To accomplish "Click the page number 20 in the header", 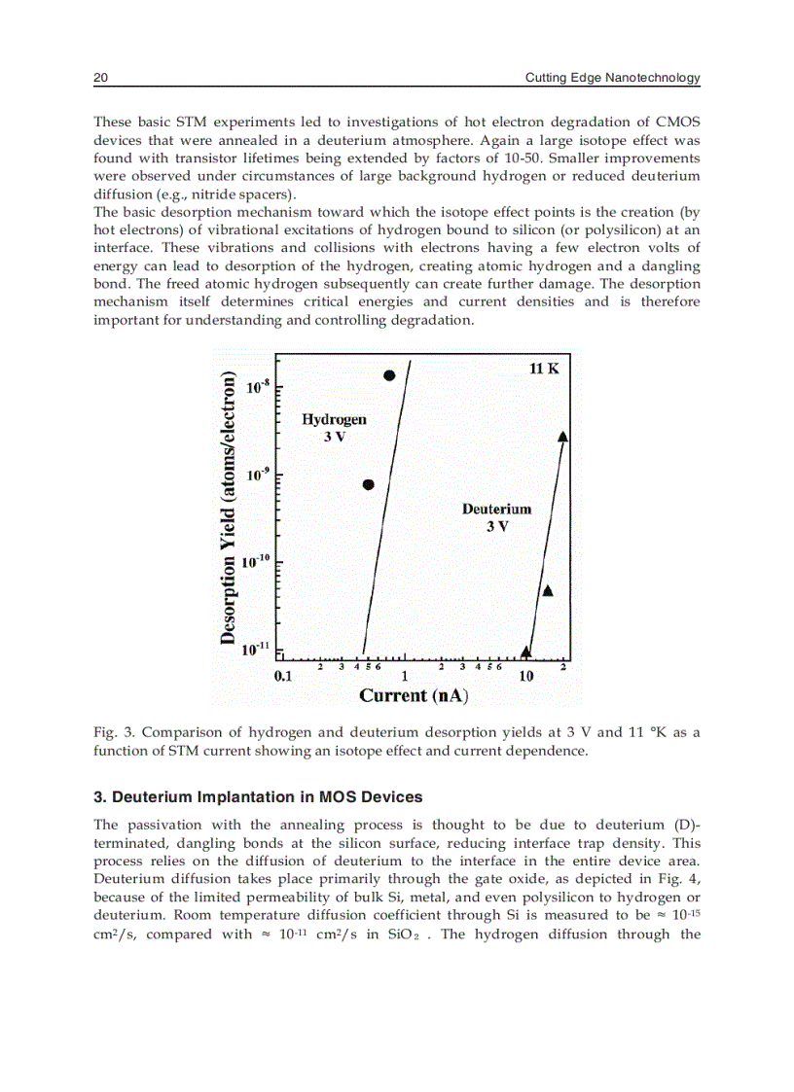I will [x=99, y=78].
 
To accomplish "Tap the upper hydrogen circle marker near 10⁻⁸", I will [x=389, y=375].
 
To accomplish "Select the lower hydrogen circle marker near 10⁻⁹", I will [x=369, y=484].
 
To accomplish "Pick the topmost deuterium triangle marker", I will [x=563, y=437].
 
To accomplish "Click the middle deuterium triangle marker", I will [x=548, y=590].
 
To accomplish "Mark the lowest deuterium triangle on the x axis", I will [x=526, y=652].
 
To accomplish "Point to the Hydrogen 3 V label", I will [x=334, y=428].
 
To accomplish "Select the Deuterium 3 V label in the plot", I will [x=496, y=517].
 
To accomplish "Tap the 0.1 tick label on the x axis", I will [x=283, y=676].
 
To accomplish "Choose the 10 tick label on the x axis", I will [x=525, y=676].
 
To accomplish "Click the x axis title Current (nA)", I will [x=414, y=695].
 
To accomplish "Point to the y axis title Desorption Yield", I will [x=228, y=508].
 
